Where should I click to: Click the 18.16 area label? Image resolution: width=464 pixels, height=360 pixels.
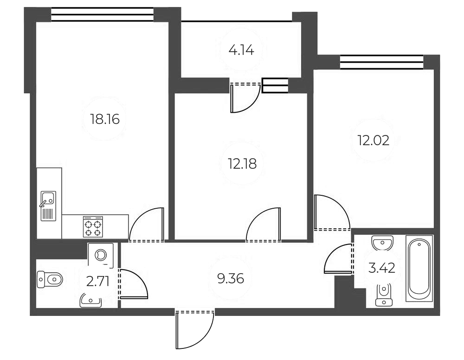pos(105,119)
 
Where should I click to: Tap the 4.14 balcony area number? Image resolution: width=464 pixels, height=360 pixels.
pos(241,50)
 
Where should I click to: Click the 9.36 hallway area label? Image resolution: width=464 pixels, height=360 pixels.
pos(231,278)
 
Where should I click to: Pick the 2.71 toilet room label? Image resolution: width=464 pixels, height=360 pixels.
pos(97,281)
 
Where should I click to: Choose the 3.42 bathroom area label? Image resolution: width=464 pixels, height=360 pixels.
pos(381,268)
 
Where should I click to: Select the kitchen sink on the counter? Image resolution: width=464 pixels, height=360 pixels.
pos(48,205)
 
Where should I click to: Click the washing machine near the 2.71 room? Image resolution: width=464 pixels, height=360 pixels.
pos(101,255)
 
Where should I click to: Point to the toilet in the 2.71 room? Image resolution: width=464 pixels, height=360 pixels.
pos(50,280)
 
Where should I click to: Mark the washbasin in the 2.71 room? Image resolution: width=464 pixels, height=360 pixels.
pos(90,301)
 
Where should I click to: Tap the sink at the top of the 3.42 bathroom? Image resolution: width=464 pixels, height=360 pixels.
pos(383,242)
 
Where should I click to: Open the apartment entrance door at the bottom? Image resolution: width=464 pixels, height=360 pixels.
pos(195,329)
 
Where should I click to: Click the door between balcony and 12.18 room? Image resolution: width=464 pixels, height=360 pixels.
pos(245,97)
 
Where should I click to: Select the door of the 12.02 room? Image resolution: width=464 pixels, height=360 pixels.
pos(331,213)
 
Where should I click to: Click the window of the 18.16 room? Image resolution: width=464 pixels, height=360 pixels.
pos(102,14)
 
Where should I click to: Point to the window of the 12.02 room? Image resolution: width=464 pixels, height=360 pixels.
pos(381,62)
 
